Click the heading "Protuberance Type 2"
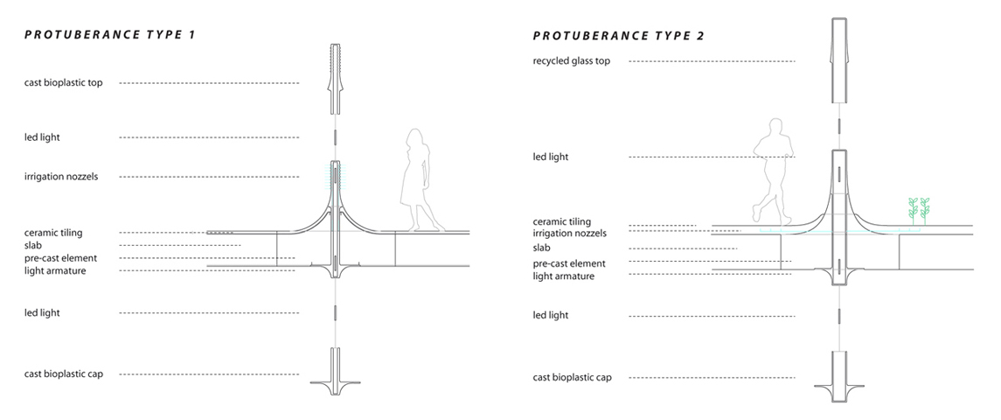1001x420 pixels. pos(619,36)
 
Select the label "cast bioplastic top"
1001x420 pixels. pos(63,83)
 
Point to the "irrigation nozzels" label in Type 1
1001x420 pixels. pos(61,177)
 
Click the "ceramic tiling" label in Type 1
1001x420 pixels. pos(53,233)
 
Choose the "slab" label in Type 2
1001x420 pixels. pos(542,248)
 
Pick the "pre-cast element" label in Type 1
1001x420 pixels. pos(60,258)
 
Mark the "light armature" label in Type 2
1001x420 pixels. pos(564,276)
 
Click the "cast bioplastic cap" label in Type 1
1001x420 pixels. pos(63,374)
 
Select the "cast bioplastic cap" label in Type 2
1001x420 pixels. pos(572,377)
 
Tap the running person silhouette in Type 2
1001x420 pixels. pos(773,171)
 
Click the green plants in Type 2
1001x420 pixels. pos(920,210)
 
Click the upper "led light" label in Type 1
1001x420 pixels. pos(42,137)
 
